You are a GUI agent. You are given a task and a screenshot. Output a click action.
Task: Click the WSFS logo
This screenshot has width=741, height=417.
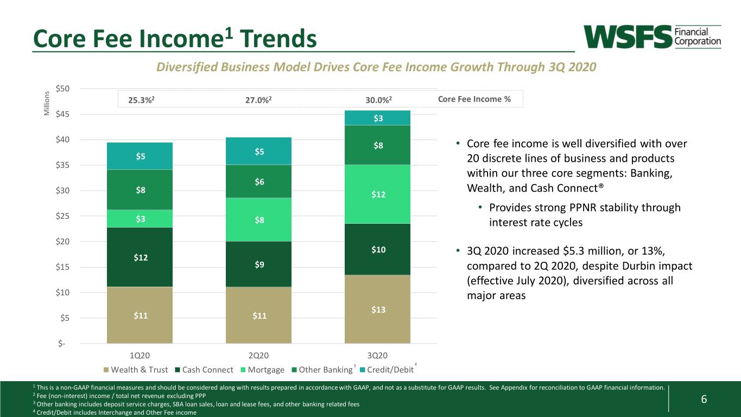click(x=652, y=37)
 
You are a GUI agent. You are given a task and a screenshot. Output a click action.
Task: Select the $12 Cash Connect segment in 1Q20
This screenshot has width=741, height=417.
click(x=140, y=257)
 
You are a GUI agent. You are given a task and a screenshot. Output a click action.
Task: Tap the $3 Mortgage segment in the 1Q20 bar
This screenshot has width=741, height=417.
click(x=140, y=218)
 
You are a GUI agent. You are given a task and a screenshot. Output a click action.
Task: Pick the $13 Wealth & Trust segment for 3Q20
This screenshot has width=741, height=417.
click(x=377, y=309)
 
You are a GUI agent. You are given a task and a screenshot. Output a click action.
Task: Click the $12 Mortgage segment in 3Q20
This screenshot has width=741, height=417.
click(x=377, y=194)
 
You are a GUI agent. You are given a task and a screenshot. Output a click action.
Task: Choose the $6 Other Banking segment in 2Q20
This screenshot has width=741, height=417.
click(x=259, y=181)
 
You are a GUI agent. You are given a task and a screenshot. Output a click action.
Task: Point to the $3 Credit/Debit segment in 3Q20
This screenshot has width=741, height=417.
click(x=377, y=118)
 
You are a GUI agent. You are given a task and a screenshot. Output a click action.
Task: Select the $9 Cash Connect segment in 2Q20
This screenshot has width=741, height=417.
click(x=259, y=264)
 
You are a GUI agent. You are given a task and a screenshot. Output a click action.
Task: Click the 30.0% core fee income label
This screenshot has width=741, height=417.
click(x=378, y=100)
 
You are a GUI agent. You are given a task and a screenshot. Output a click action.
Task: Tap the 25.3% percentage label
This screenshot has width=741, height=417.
click(x=141, y=100)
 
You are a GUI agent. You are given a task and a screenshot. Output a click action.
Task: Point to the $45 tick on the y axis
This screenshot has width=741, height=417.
click(x=62, y=114)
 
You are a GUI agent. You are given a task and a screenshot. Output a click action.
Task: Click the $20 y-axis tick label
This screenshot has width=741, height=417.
click(x=62, y=242)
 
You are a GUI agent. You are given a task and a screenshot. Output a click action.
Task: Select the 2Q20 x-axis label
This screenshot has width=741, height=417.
click(x=259, y=356)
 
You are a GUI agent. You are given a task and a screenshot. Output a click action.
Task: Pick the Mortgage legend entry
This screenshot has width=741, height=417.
click(x=262, y=370)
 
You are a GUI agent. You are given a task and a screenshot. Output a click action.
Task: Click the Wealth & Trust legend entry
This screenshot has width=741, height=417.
click(x=136, y=370)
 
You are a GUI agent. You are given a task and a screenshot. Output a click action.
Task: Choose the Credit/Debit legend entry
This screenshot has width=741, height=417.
click(x=387, y=370)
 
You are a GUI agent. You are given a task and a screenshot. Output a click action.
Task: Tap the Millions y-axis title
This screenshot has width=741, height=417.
click(x=47, y=103)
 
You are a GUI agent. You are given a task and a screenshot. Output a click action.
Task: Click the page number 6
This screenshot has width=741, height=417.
click(x=704, y=399)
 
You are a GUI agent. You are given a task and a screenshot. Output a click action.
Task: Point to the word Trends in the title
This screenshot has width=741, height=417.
click(x=278, y=39)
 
